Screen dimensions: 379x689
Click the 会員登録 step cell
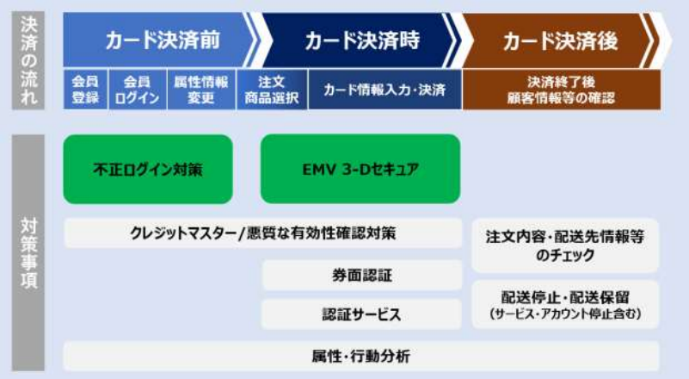tap(84, 90)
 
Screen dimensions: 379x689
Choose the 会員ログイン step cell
tap(136, 90)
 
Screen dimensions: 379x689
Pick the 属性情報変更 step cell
tap(200, 90)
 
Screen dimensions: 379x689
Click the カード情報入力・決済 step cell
tap(378, 90)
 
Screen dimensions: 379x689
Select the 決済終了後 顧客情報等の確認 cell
tap(561, 90)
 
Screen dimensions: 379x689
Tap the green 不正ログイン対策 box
tap(147, 169)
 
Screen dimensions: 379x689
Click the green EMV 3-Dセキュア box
tap(360, 169)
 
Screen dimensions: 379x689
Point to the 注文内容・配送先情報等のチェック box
tap(565, 245)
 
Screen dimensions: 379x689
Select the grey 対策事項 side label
tap(29, 250)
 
